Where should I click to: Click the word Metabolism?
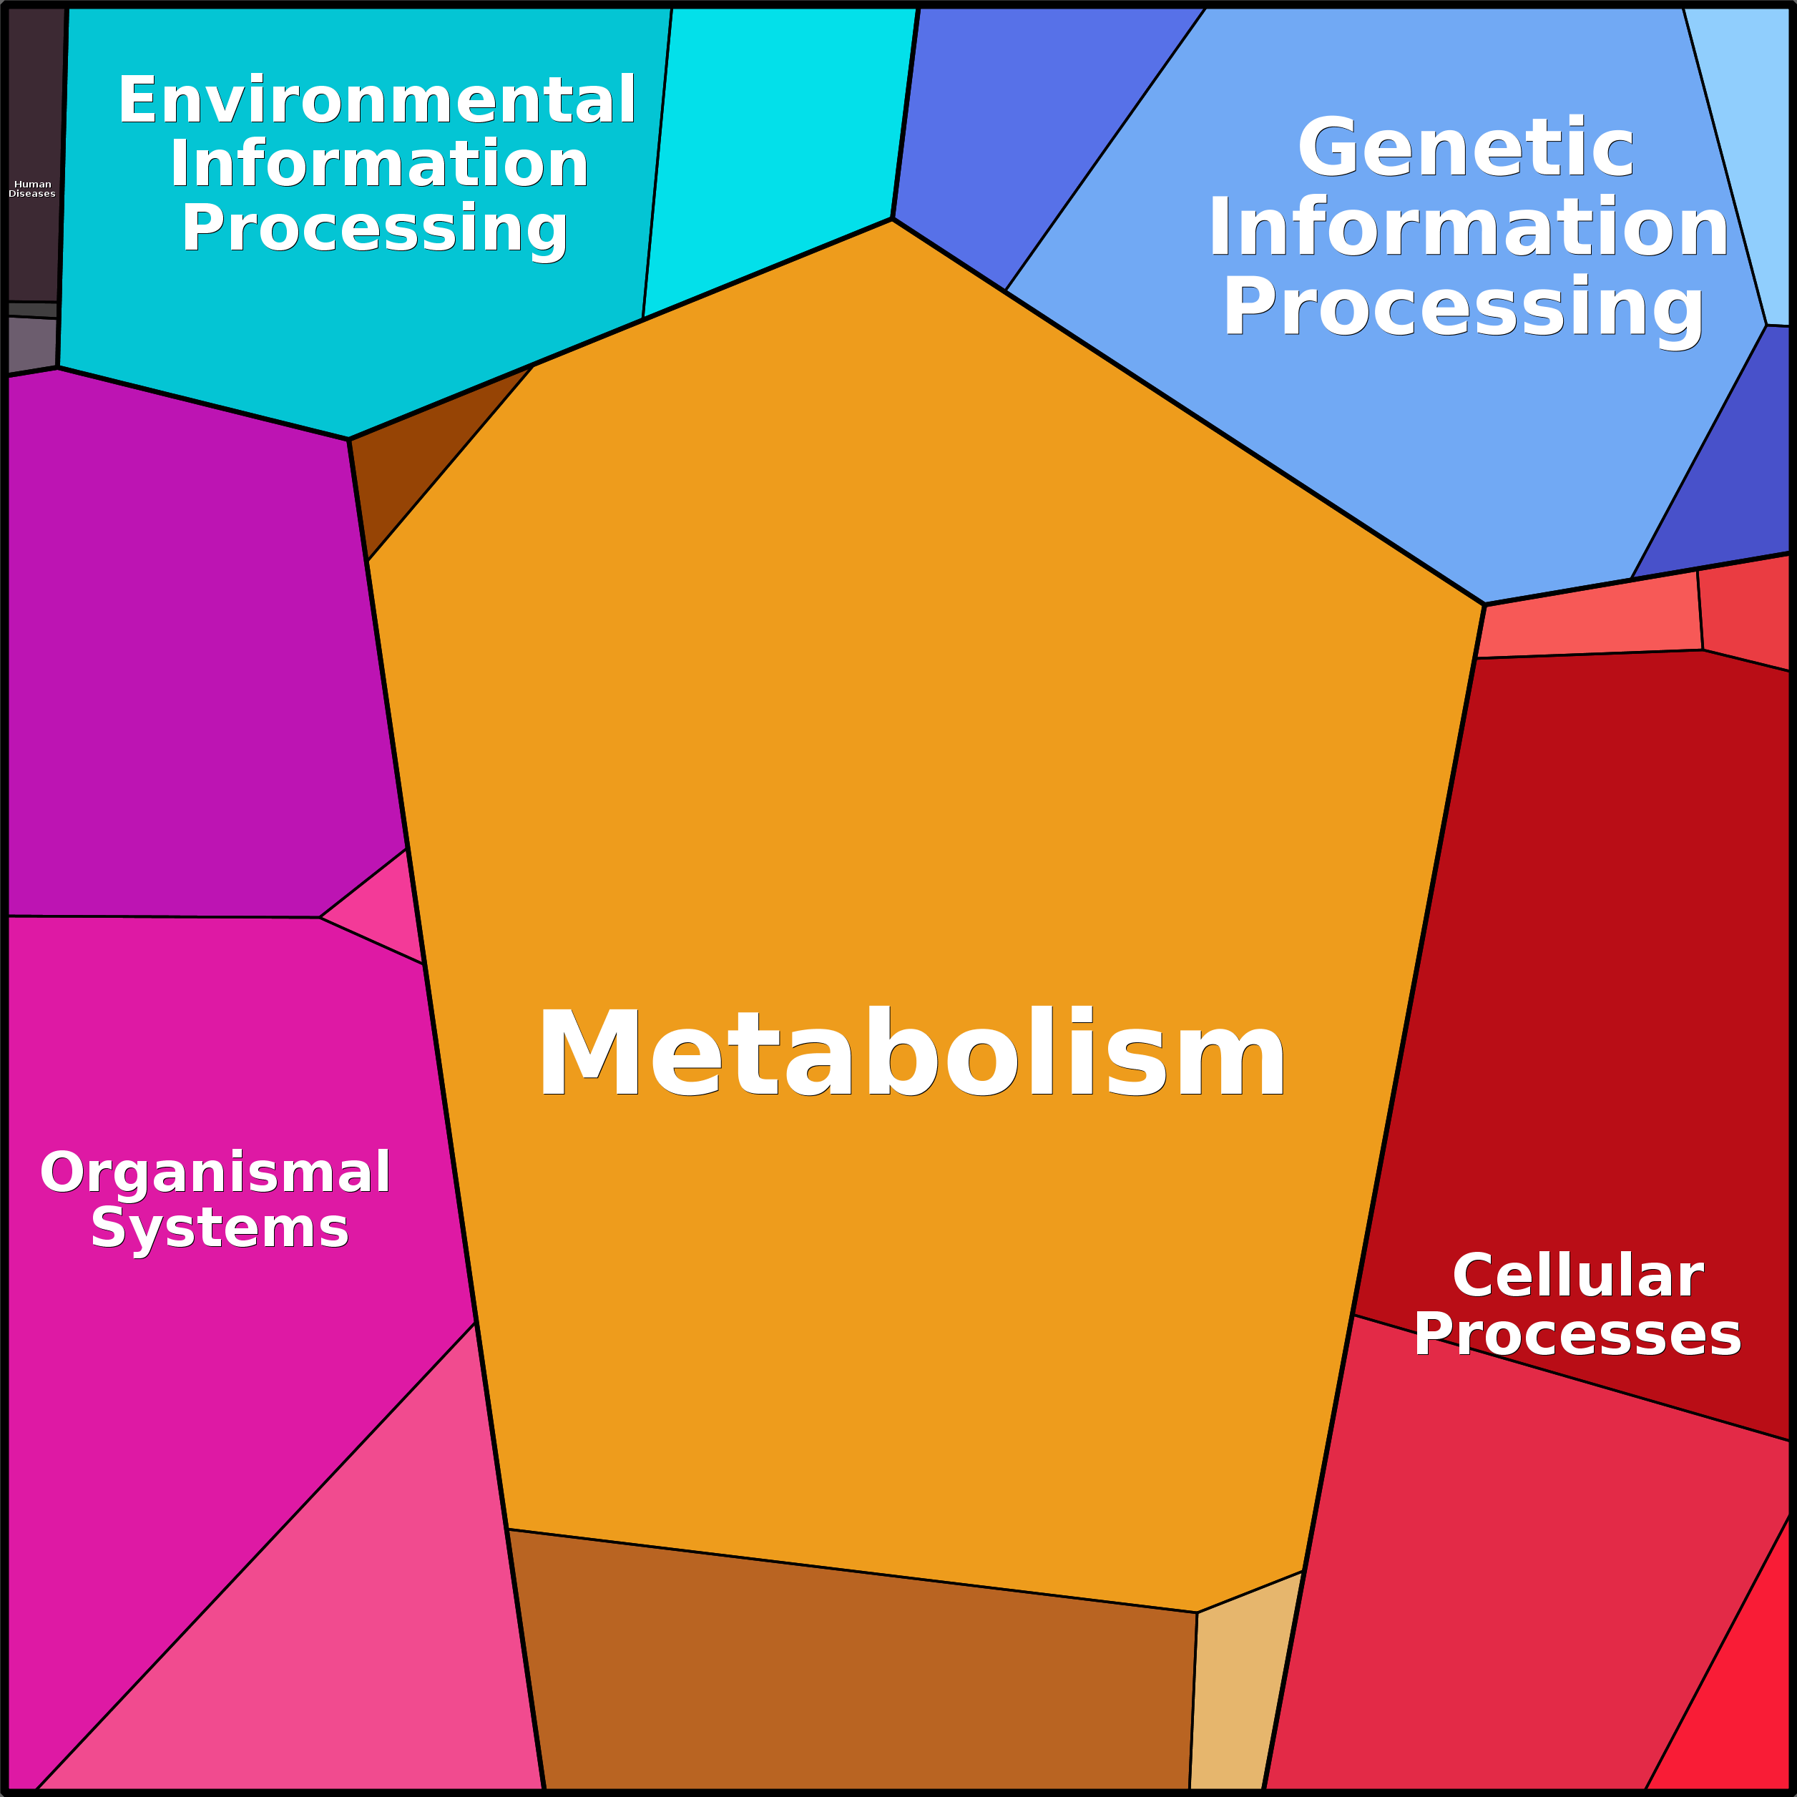tap(911, 1053)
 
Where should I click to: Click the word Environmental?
tap(377, 99)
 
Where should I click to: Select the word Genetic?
tap(1466, 147)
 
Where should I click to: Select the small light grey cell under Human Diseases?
tap(31, 345)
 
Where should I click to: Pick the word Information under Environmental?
tap(378, 164)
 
